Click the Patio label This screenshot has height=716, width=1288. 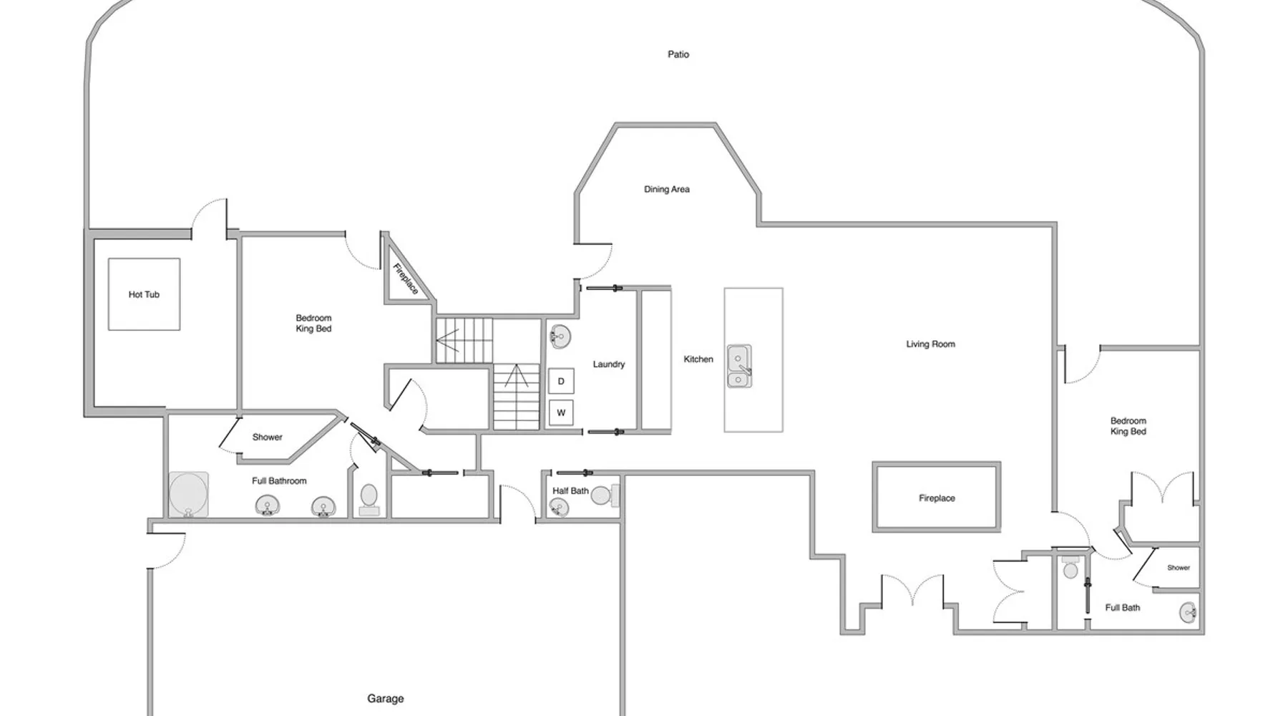click(x=678, y=54)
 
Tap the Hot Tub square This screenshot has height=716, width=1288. click(x=144, y=294)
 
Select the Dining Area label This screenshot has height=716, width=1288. click(x=667, y=190)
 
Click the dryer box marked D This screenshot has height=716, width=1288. click(x=561, y=381)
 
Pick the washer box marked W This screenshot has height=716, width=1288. click(x=561, y=412)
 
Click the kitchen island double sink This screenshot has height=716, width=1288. click(x=739, y=366)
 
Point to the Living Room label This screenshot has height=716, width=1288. click(x=930, y=344)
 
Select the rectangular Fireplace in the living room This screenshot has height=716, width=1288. click(x=936, y=498)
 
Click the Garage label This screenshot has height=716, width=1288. click(x=386, y=699)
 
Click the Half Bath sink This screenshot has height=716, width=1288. click(x=558, y=507)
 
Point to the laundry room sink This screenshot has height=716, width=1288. click(x=560, y=337)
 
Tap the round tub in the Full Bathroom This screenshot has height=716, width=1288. click(x=189, y=494)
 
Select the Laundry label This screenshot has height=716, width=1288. click(x=609, y=364)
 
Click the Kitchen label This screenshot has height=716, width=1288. click(x=698, y=359)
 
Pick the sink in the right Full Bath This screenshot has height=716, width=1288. click(x=1189, y=613)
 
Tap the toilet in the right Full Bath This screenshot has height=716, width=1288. click(x=1070, y=566)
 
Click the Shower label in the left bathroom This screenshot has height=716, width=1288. click(x=268, y=437)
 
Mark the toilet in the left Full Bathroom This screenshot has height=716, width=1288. click(x=369, y=499)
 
